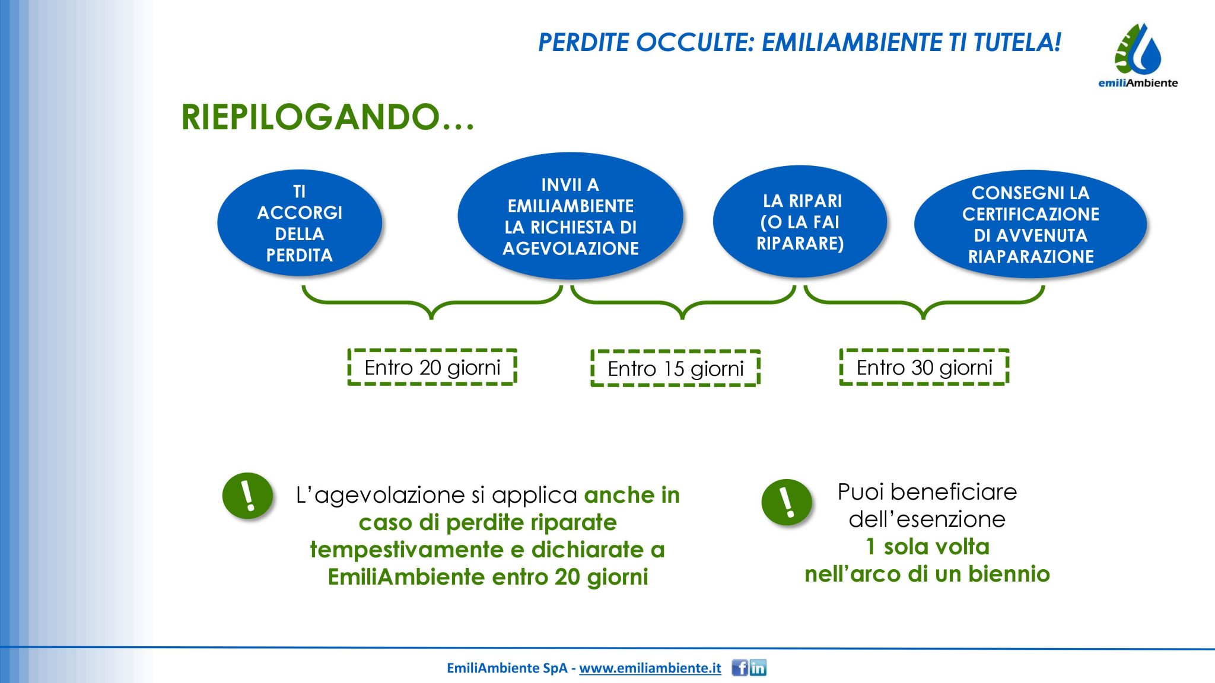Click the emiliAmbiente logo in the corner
[x=1138, y=55]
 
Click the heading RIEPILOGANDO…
[x=327, y=117]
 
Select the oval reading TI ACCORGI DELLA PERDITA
[x=300, y=223]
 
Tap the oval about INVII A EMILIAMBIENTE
[x=570, y=216]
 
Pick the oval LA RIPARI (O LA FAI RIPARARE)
[x=800, y=221]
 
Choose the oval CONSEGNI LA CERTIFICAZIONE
[x=1030, y=224]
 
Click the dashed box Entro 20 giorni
[x=432, y=368]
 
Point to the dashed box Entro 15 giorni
[x=676, y=368]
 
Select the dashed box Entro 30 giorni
[x=924, y=367]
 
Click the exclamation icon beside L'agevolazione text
[x=247, y=496]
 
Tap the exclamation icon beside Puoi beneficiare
[x=787, y=503]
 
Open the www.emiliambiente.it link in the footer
[x=650, y=668]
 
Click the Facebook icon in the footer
[x=740, y=668]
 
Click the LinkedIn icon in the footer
[x=758, y=668]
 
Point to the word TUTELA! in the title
[x=1017, y=42]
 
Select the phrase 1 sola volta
[x=928, y=547]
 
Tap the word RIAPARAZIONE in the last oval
[x=1031, y=257]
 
